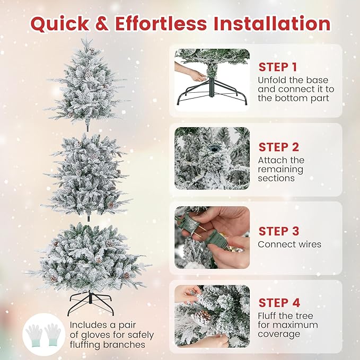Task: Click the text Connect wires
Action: (x=289, y=244)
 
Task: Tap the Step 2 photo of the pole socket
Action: (x=212, y=158)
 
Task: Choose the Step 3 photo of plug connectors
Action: (x=212, y=237)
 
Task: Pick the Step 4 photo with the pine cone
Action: (x=212, y=315)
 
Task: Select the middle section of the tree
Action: (x=86, y=174)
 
